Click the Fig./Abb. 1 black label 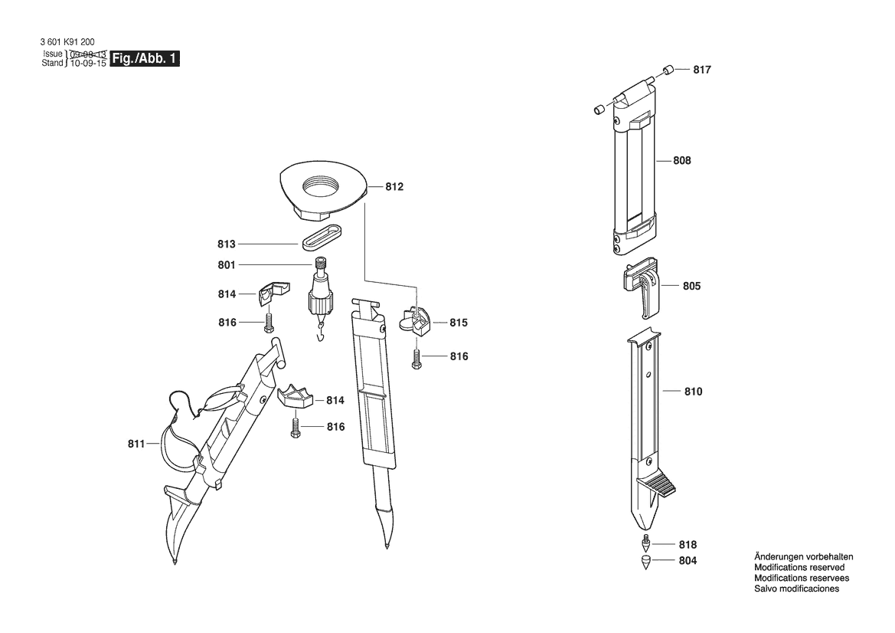(145, 58)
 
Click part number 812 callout (394, 187)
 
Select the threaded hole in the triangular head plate (322, 186)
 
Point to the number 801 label (227, 265)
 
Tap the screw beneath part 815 (416, 356)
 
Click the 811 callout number (136, 443)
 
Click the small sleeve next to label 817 (668, 70)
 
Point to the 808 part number (682, 160)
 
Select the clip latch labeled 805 (641, 287)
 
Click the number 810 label (694, 392)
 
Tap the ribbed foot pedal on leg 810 (661, 486)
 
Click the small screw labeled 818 (647, 540)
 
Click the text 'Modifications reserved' (799, 567)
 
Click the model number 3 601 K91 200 (68, 42)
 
